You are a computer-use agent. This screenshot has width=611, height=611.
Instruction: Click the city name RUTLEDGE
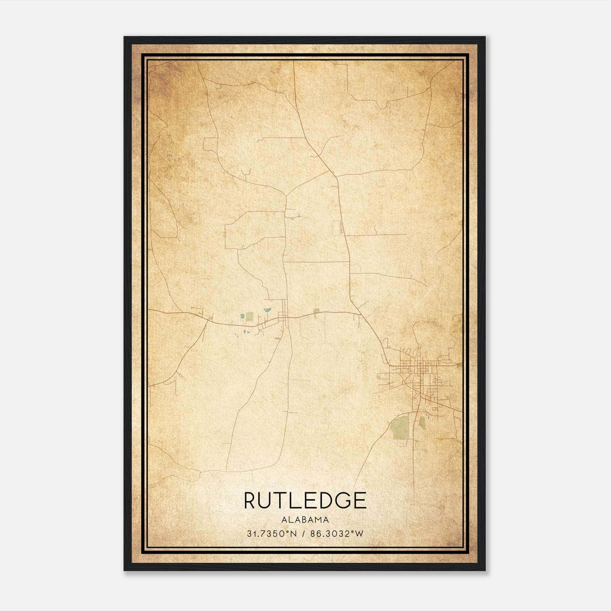305,500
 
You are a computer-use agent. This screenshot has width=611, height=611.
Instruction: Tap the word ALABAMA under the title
305,520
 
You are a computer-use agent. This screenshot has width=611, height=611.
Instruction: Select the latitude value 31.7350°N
272,534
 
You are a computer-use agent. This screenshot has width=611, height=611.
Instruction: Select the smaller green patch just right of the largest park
422,422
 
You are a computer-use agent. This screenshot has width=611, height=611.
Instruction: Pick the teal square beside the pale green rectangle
242,316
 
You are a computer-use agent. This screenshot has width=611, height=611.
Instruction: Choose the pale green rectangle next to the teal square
249,316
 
